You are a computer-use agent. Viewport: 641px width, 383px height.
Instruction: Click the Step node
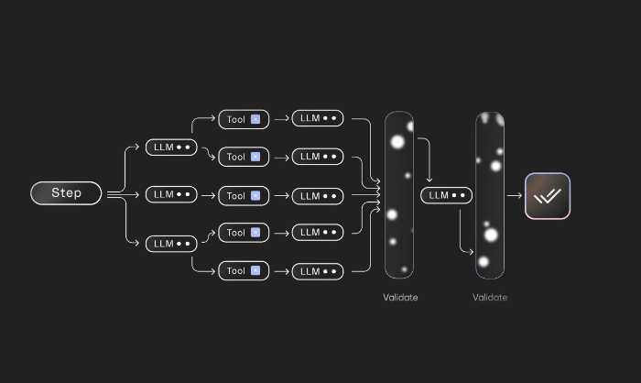pyautogui.click(x=66, y=193)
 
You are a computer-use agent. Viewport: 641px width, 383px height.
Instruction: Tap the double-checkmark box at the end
pyautogui.click(x=548, y=196)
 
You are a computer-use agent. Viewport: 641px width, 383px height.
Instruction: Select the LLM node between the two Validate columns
pyautogui.click(x=447, y=195)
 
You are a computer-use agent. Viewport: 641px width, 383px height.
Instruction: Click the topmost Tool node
pyautogui.click(x=244, y=119)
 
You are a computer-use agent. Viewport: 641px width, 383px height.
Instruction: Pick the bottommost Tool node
pyautogui.click(x=244, y=271)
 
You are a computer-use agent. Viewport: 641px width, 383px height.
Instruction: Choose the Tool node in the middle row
pyautogui.click(x=244, y=196)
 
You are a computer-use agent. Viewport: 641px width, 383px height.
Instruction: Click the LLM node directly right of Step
pyautogui.click(x=171, y=195)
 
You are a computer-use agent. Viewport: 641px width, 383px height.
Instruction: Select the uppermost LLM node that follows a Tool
pyautogui.click(x=318, y=118)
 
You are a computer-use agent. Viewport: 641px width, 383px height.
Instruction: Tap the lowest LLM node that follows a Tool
pyautogui.click(x=318, y=272)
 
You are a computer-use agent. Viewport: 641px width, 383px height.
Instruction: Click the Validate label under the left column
pyautogui.click(x=400, y=298)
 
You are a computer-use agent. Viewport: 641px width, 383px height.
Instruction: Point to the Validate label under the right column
pyautogui.click(x=490, y=298)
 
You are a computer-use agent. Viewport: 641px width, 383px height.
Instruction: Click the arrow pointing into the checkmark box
pyautogui.click(x=515, y=195)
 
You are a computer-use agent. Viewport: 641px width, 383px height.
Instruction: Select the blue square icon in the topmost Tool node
pyautogui.click(x=255, y=119)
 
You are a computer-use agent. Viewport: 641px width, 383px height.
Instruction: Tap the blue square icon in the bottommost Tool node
pyautogui.click(x=255, y=270)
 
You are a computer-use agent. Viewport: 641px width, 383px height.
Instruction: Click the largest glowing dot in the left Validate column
pyautogui.click(x=397, y=142)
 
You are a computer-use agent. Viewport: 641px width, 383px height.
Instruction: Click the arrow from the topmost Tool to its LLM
pyautogui.click(x=282, y=119)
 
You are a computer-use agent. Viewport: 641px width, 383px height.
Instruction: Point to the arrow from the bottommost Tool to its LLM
pyautogui.click(x=282, y=271)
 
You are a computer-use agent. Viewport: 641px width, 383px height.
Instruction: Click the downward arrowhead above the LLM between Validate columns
pyautogui.click(x=429, y=180)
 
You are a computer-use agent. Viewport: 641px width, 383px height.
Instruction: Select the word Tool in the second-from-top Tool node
pyautogui.click(x=236, y=157)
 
